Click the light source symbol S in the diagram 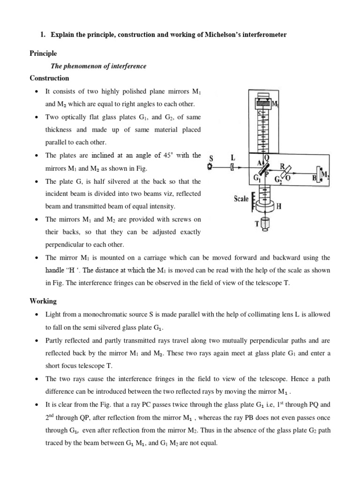coord(210,166)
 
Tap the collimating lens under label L coord(232,167)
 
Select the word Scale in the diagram coord(241,199)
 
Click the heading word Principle coord(43,54)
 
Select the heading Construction coord(49,78)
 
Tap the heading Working coord(43,301)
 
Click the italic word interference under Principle coord(128,66)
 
